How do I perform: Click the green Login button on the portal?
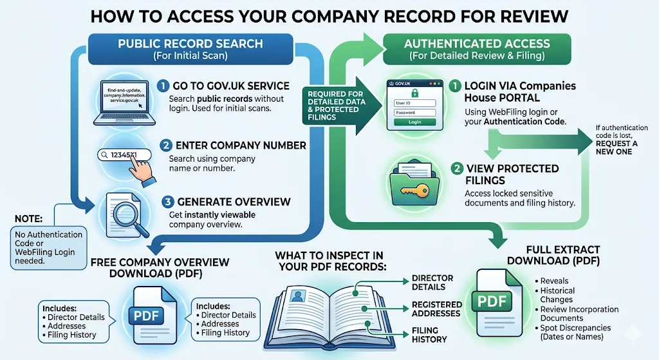click(x=414, y=122)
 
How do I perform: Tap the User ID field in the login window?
click(x=414, y=103)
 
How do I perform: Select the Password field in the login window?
click(x=414, y=113)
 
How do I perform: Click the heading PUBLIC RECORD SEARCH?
click(x=190, y=44)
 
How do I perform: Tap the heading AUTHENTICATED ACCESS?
click(x=477, y=44)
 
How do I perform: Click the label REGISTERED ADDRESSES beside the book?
click(x=437, y=308)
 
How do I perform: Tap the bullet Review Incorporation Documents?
click(x=579, y=314)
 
